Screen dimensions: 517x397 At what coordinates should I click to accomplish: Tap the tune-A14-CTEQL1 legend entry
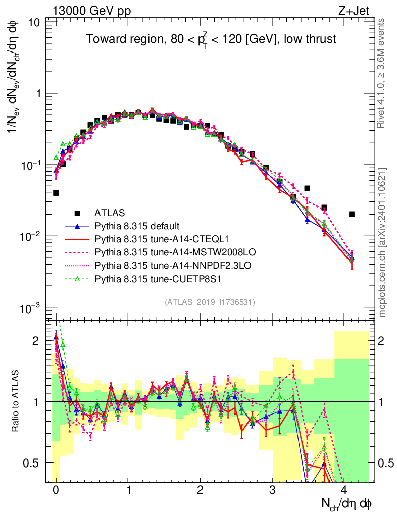[x=151, y=239]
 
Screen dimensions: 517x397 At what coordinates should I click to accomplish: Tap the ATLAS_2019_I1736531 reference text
[x=210, y=302]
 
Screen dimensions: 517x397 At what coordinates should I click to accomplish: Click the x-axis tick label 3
[x=272, y=490]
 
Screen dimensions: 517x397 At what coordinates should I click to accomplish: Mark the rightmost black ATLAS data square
[x=352, y=214]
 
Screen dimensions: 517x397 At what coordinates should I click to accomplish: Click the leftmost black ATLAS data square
[x=56, y=193]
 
